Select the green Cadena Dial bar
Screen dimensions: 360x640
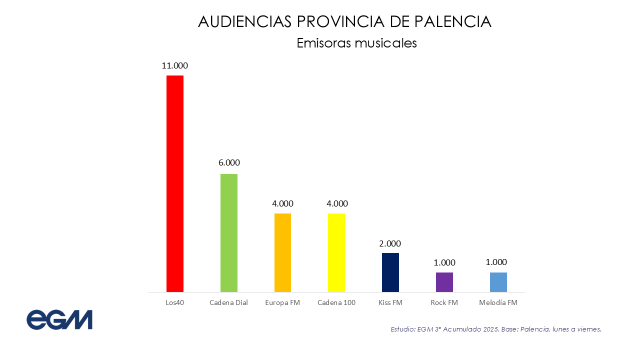(229, 233)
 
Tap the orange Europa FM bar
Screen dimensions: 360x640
(282, 252)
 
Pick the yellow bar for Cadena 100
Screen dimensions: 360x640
(336, 252)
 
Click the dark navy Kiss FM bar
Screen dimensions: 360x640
(390, 272)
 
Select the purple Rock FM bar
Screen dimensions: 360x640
(444, 282)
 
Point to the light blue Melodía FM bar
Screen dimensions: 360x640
(498, 282)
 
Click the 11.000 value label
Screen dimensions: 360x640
(174, 65)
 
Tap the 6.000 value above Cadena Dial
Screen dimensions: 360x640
(229, 162)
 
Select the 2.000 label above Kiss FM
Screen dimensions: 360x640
(390, 243)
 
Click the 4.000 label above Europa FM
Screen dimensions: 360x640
(282, 203)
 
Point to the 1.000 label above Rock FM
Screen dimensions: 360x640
(444, 262)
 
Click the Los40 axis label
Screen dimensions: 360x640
(175, 302)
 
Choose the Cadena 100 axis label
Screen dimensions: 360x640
(336, 302)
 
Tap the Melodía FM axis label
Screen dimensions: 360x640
(498, 302)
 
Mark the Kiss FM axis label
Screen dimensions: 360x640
(390, 302)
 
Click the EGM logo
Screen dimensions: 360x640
(59, 319)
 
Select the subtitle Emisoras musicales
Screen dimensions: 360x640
(356, 43)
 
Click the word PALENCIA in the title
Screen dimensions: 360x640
(453, 21)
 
